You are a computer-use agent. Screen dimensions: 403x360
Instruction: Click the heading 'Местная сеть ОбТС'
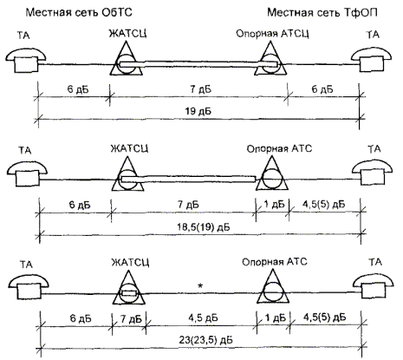79,12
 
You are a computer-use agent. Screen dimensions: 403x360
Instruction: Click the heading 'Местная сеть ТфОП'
322,12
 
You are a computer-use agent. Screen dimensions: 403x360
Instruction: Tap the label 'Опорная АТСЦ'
272,34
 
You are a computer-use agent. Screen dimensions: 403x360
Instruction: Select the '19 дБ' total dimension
198,111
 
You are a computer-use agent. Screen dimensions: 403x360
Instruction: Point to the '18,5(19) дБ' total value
204,227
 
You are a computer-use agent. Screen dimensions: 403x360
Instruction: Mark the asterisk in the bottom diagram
199,285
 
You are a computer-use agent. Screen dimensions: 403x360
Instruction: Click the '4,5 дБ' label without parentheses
203,318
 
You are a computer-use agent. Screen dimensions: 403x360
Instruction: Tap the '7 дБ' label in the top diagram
200,89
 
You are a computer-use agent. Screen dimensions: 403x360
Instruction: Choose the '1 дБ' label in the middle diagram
274,205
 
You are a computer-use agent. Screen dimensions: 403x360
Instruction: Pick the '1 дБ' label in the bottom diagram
275,317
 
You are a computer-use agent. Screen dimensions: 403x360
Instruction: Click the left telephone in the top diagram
26,60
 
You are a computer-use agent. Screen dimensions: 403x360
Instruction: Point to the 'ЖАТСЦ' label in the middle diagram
129,148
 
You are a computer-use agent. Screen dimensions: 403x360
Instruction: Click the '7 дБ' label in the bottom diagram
131,319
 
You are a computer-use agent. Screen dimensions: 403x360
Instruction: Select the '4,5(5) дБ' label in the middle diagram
323,205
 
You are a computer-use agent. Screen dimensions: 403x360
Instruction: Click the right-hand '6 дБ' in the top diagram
322,89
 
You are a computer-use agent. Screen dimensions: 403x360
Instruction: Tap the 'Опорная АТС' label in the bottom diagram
275,262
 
